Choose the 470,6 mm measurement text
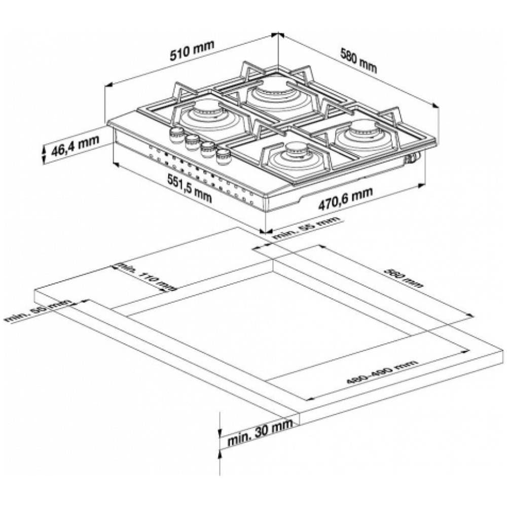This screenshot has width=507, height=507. [345, 198]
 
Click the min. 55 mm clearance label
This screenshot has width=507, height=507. [307, 228]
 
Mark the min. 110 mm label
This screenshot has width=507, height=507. [144, 276]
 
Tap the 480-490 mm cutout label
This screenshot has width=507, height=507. [382, 373]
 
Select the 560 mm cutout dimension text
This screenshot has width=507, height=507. [403, 278]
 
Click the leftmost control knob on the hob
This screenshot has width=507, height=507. [176, 134]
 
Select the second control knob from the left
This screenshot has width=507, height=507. [192, 141]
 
